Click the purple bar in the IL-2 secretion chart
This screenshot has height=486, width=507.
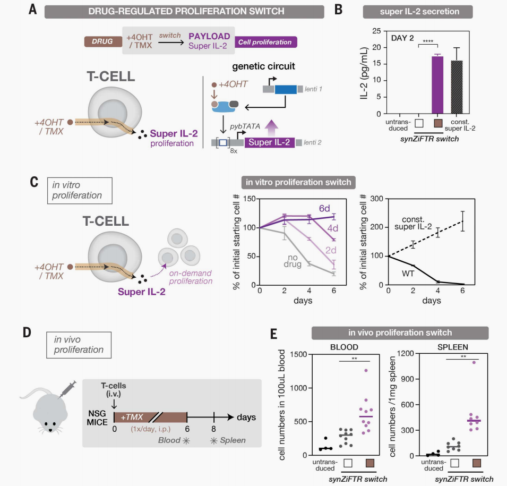click(436, 85)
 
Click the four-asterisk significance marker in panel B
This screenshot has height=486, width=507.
click(427, 40)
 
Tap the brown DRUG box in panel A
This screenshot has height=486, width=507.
click(102, 41)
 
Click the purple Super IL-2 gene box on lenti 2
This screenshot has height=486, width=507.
click(269, 142)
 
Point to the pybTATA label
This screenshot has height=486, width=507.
click(244, 126)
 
